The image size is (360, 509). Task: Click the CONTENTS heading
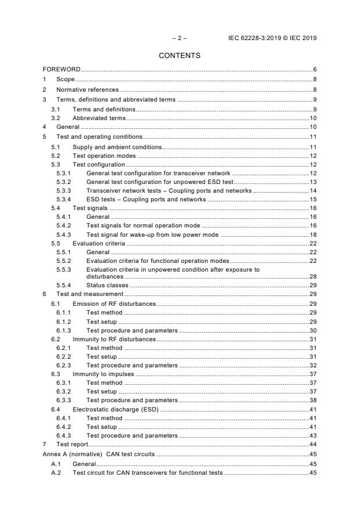(179, 56)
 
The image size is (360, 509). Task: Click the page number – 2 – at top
(179, 38)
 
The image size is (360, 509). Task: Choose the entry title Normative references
(87, 89)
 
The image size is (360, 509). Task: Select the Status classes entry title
(107, 285)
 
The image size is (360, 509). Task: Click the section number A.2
(55, 473)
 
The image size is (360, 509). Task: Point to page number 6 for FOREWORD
(314, 70)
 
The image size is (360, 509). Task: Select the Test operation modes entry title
(103, 156)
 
